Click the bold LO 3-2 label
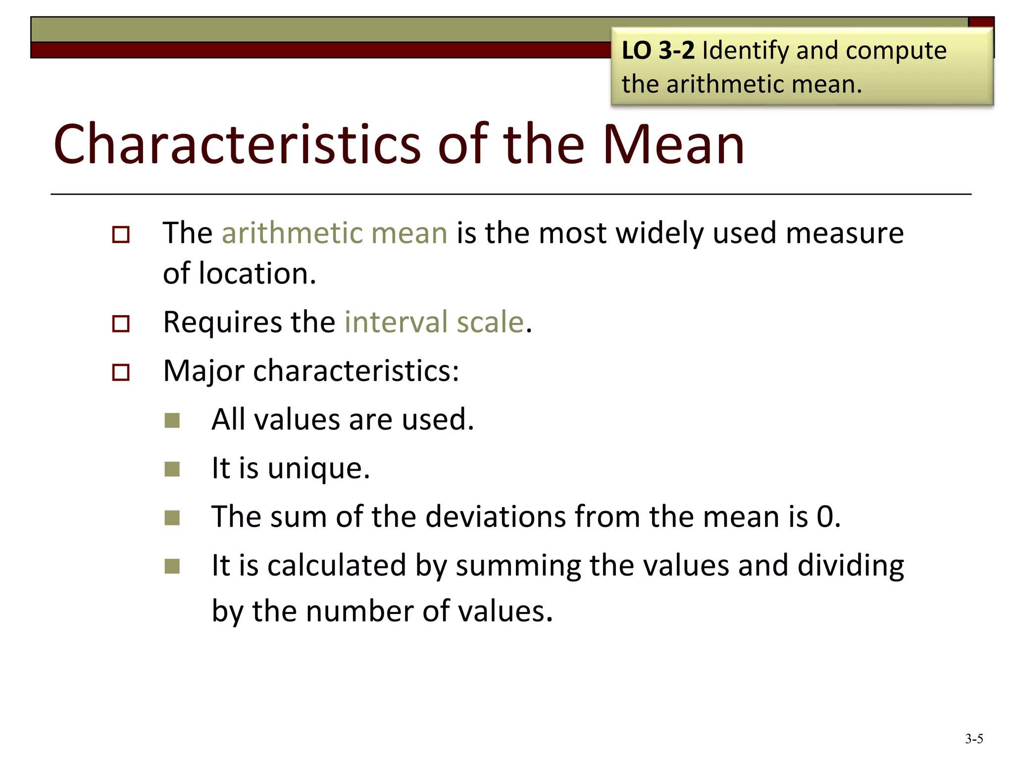[658, 50]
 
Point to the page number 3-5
[974, 739]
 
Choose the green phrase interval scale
[434, 322]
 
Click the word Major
[203, 371]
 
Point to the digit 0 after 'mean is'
[825, 517]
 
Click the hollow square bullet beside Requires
[121, 324]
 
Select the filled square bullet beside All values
[172, 421]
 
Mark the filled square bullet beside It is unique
[172, 469]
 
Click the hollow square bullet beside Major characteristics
[121, 372]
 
